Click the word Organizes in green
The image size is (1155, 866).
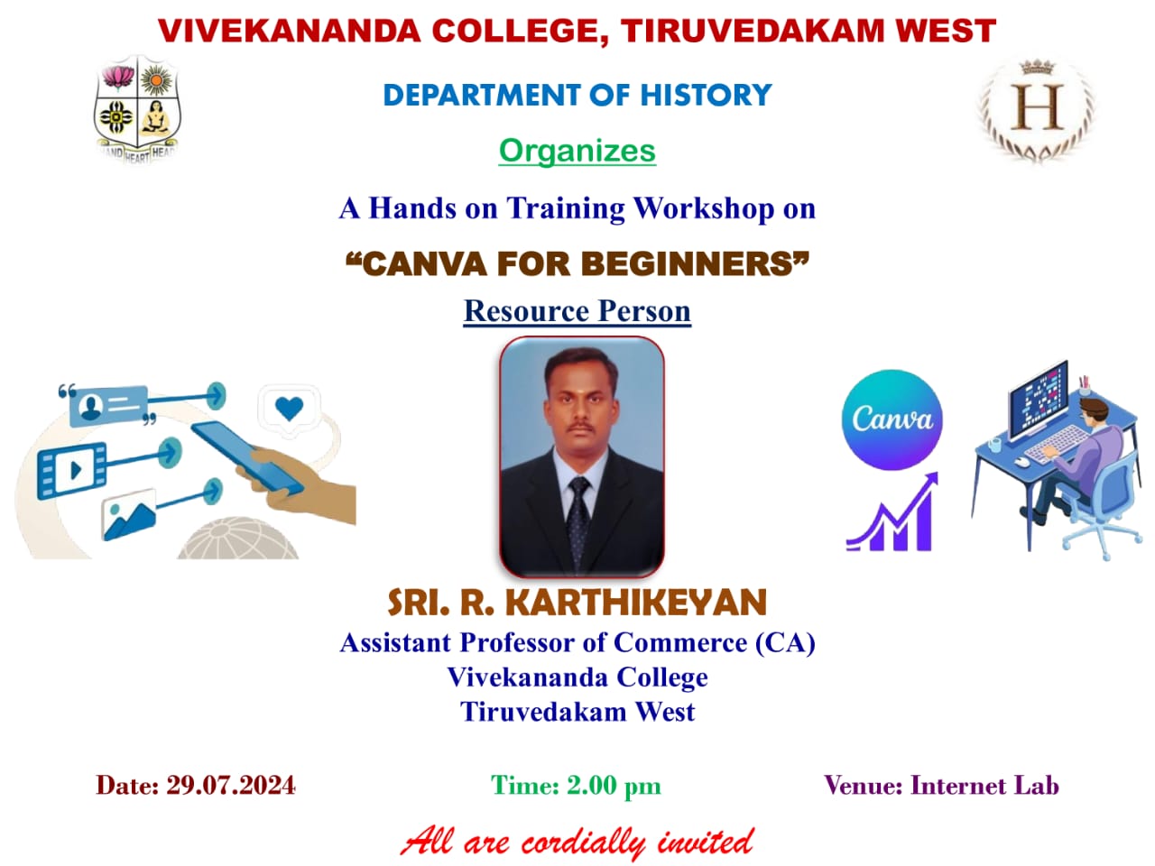click(x=577, y=152)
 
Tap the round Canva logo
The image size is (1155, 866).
click(x=892, y=419)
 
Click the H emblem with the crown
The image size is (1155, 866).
click(x=1037, y=110)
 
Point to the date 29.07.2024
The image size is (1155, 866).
click(x=232, y=786)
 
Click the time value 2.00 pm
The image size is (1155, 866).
click(x=614, y=786)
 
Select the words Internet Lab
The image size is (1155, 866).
click(x=984, y=786)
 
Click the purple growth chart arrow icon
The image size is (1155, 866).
click(x=892, y=511)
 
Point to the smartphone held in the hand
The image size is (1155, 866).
click(x=246, y=458)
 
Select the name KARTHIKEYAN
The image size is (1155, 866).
click(x=635, y=602)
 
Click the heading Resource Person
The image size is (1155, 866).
click(x=577, y=311)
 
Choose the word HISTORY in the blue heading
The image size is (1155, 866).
click(x=706, y=96)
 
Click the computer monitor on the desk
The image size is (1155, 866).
click(x=1038, y=401)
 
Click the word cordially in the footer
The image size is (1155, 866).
click(x=583, y=843)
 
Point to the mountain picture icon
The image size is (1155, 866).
click(x=129, y=514)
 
